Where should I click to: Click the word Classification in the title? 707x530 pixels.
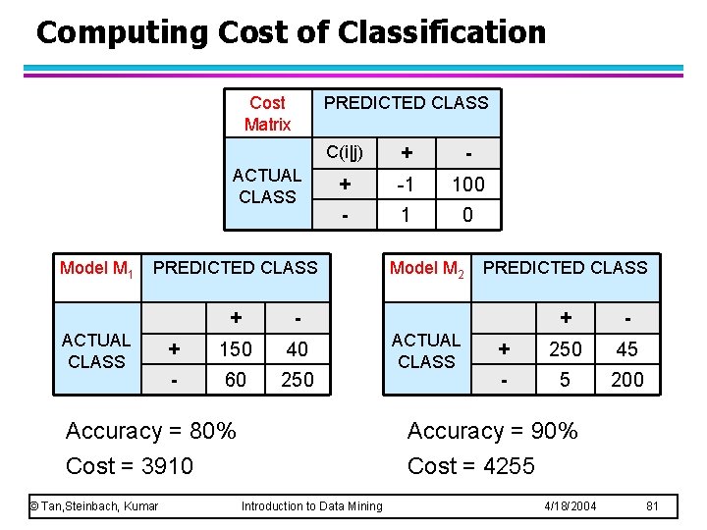click(441, 32)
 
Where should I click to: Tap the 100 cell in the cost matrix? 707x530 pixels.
click(466, 185)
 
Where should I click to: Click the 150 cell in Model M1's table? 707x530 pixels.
click(236, 349)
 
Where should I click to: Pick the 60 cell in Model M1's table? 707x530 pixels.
click(236, 380)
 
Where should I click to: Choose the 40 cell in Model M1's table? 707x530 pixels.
click(297, 349)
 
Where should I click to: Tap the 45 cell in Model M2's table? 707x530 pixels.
click(626, 349)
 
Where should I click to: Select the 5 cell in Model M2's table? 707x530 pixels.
click(565, 380)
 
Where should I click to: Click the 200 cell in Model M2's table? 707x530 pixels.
click(626, 380)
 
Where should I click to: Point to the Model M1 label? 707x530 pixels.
click(95, 268)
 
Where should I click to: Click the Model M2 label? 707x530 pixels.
click(426, 268)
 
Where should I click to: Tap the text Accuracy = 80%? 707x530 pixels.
click(150, 431)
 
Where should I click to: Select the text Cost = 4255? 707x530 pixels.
click(470, 466)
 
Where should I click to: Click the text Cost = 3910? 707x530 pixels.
click(129, 466)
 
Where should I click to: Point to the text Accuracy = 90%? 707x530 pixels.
click(492, 431)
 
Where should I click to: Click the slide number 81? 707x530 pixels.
click(651, 506)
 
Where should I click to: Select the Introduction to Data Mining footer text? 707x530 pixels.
click(311, 506)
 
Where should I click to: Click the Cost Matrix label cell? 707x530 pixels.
click(267, 113)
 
